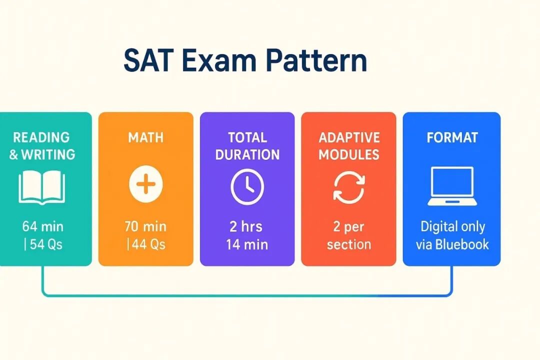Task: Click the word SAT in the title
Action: (x=145, y=60)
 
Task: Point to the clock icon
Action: (x=247, y=185)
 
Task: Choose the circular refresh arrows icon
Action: (x=348, y=186)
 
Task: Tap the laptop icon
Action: (x=451, y=186)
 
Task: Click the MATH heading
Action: (x=145, y=137)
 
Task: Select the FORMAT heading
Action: (x=452, y=137)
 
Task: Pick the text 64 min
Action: (x=43, y=226)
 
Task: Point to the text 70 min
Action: (x=145, y=226)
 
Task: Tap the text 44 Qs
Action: (x=147, y=245)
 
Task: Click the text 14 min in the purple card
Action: (x=247, y=244)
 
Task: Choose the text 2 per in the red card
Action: (x=348, y=226)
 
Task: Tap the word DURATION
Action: (x=247, y=154)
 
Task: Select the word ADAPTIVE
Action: (x=349, y=137)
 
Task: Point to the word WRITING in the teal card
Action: (x=48, y=154)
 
